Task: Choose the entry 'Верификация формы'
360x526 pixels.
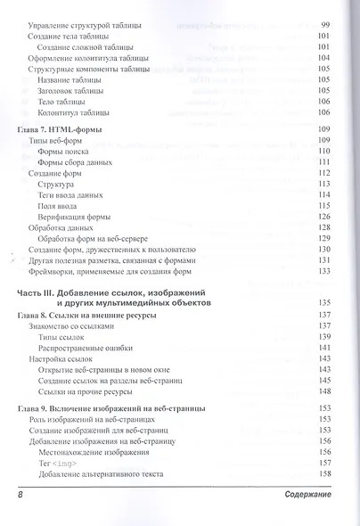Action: (x=82, y=217)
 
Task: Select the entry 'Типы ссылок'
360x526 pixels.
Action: (x=66, y=337)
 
